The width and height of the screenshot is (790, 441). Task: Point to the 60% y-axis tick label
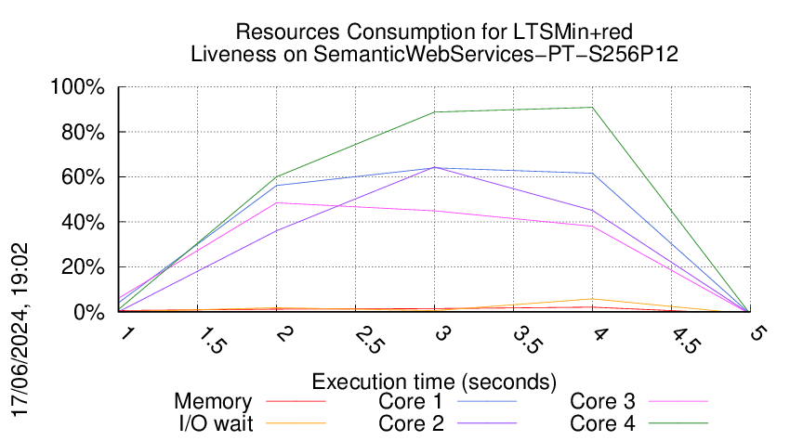[x=85, y=177]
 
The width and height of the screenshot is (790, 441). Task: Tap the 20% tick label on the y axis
[x=85, y=267]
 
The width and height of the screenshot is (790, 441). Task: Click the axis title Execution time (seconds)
[x=434, y=382]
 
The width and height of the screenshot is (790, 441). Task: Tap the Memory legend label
[x=213, y=402]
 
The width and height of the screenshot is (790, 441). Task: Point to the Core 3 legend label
[x=601, y=402]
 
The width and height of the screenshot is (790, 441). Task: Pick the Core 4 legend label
[x=601, y=422]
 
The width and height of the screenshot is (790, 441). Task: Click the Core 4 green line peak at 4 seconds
[x=592, y=108]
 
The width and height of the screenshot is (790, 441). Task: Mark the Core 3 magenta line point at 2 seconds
[x=277, y=202]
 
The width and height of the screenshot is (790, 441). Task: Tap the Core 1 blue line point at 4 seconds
[x=592, y=174]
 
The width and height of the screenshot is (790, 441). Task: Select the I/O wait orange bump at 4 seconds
[x=592, y=299]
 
